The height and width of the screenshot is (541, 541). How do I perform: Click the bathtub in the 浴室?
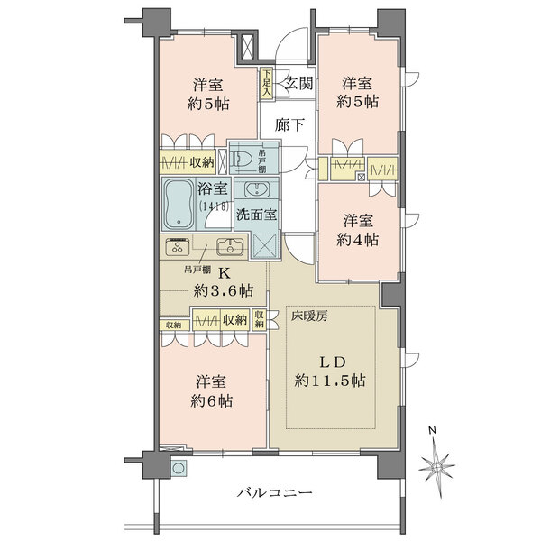[178, 204]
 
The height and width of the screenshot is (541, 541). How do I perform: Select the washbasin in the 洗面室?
[257, 189]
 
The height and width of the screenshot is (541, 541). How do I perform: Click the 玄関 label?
[299, 83]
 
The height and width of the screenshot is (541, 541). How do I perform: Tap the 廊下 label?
[289, 124]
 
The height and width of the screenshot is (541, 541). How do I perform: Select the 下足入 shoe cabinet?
[266, 83]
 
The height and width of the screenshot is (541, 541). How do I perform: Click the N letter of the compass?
[432, 430]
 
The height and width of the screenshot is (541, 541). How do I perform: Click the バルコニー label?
[275, 492]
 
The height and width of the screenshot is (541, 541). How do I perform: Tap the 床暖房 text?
[309, 316]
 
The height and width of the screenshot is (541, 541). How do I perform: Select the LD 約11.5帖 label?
[330, 371]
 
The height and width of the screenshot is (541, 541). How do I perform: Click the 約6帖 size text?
[212, 401]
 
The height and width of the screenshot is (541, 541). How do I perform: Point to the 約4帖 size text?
[357, 240]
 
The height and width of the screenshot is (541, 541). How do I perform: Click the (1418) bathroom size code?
[214, 206]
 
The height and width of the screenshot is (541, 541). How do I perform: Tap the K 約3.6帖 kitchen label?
[224, 282]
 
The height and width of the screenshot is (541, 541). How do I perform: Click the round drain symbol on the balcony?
[179, 468]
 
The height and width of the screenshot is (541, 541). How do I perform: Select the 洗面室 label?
[257, 215]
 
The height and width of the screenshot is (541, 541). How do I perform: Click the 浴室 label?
[213, 188]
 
